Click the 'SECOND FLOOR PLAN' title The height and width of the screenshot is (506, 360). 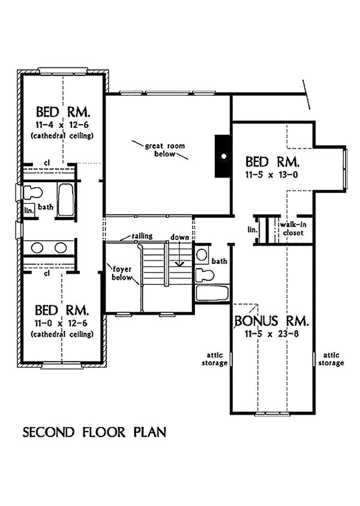pos(94,432)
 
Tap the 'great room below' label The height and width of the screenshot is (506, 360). pos(164,150)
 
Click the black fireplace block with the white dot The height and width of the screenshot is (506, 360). pos(223,156)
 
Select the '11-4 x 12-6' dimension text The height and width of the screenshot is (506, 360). pos(62,125)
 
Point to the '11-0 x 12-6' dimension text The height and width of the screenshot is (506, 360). pos(61,323)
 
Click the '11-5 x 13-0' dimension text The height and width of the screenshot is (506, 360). pos(272,174)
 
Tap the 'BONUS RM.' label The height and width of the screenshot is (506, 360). pos(272,321)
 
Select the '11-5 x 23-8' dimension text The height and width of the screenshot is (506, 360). pos(272,334)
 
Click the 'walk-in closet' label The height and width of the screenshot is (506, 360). pos(293,228)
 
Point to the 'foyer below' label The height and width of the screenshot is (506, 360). pos(122,273)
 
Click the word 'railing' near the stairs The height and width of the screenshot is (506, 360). pos(142,236)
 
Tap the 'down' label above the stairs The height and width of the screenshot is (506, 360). pos(180,237)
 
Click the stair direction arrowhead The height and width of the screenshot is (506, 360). pos(178,263)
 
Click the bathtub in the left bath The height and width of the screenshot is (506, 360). pos(65,200)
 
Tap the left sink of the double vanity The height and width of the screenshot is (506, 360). pos(37,248)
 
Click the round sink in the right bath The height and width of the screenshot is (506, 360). pos(202,255)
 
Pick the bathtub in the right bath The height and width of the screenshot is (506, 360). pos(212,293)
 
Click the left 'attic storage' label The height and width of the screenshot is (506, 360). pos(214,359)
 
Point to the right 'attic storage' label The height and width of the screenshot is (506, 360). pos(331,359)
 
